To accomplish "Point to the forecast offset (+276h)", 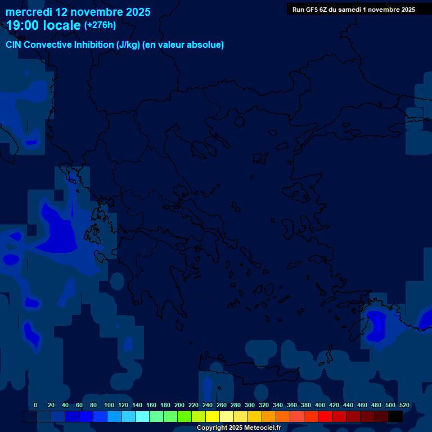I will click(x=100, y=25).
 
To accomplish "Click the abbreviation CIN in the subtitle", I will click(x=14, y=45).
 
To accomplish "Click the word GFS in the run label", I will click(x=311, y=10).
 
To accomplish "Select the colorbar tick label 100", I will click(x=109, y=405).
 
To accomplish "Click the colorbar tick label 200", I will click(x=179, y=405).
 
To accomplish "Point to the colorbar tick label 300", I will click(x=250, y=405).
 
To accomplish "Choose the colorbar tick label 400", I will click(x=320, y=405).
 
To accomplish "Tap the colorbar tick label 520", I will click(x=404, y=405).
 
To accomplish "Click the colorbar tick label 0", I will click(x=35, y=405).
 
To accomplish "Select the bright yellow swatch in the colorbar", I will click(x=213, y=417).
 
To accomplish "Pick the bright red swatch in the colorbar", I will click(x=325, y=417).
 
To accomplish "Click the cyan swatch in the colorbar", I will click(x=142, y=417).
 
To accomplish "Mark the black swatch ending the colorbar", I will click(x=395, y=417).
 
